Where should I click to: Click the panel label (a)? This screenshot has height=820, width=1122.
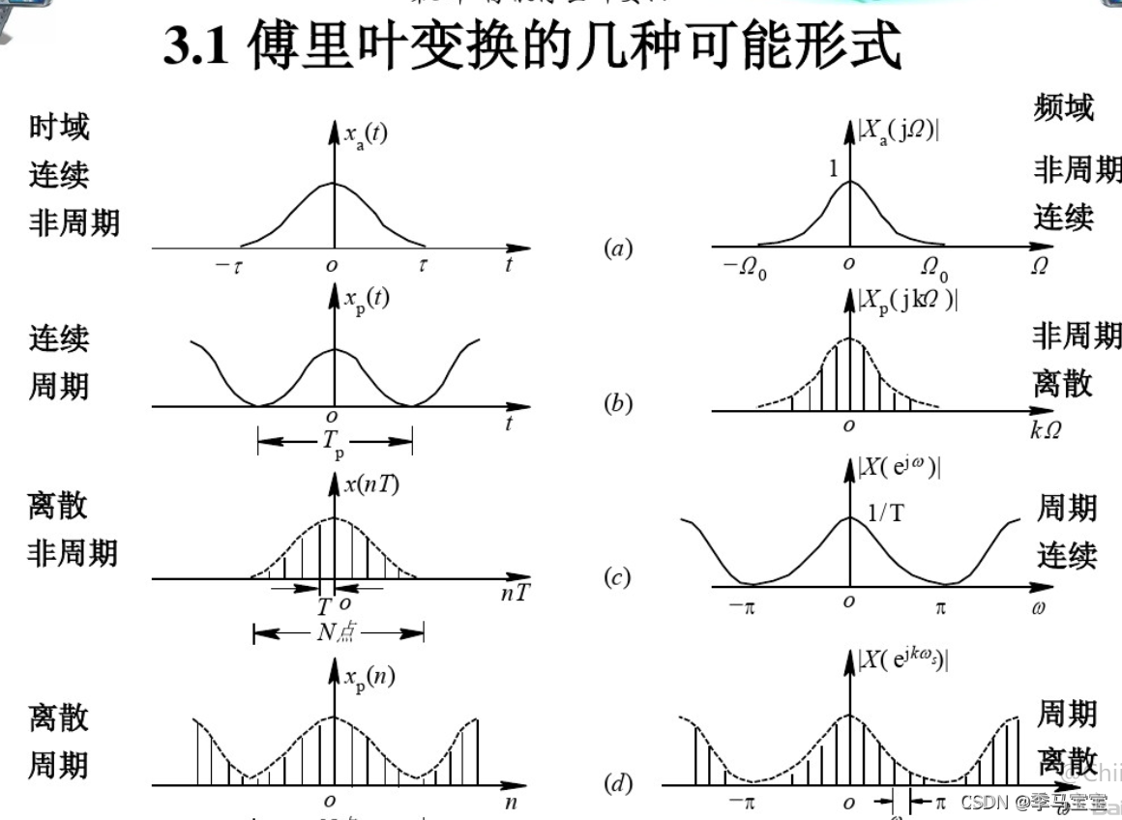click(x=617, y=249)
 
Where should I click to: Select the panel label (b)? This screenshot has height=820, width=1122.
click(x=617, y=404)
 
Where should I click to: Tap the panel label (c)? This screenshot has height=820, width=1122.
click(x=617, y=578)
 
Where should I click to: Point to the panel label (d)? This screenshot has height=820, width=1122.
click(x=617, y=784)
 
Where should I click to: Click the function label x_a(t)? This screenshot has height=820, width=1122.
click(x=366, y=135)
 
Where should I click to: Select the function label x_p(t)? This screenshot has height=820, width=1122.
click(x=367, y=300)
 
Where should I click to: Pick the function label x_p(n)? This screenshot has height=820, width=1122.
click(x=369, y=677)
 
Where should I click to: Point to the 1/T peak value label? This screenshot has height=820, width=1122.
click(x=886, y=512)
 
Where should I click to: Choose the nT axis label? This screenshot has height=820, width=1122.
click(x=515, y=593)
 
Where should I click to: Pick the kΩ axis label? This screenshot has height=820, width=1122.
click(x=1045, y=430)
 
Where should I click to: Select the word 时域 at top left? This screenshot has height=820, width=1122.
click(x=58, y=128)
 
